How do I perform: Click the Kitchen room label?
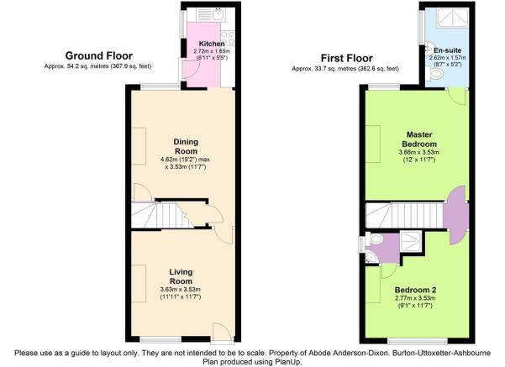point(212,44)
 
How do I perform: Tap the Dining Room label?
point(186,146)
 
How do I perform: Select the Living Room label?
point(181,276)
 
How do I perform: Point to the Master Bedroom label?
point(419,139)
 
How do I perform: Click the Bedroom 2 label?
point(415,290)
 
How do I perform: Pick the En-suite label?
point(447,50)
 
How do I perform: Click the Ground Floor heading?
point(99,55)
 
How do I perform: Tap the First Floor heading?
point(346,58)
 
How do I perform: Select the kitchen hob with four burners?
point(228,38)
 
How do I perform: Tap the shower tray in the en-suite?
point(453,18)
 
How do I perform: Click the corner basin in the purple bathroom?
point(371,257)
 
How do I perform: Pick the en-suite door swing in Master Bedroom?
point(457,96)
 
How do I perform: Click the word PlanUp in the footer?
point(289,362)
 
